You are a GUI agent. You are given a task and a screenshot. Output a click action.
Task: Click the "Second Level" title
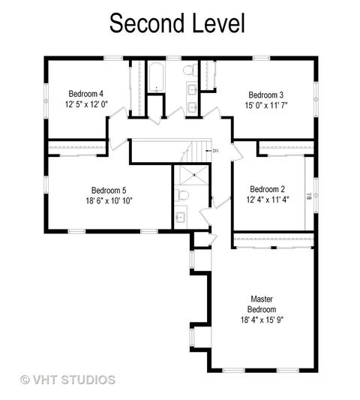[x=177, y=23]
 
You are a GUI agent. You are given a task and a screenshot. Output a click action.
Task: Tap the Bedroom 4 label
[x=86, y=94]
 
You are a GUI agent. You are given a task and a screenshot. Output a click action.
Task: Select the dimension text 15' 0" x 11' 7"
[x=266, y=105]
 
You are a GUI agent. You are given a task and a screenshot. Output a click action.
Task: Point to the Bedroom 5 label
[x=109, y=191]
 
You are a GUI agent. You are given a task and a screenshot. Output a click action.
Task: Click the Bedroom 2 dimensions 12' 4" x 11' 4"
[x=268, y=200]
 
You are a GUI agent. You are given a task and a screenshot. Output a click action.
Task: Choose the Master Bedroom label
[x=262, y=304]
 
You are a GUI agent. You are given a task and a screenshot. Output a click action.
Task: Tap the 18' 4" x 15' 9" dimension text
[x=262, y=320]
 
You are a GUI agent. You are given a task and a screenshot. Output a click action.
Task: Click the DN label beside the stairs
[x=215, y=151]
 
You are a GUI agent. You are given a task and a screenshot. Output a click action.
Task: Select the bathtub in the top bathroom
[x=156, y=77]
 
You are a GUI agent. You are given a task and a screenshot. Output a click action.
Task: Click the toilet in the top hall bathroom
[x=190, y=70]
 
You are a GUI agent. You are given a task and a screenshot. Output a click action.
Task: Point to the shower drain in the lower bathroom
[x=194, y=175]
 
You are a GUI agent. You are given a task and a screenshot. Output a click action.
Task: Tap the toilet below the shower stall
[x=181, y=195]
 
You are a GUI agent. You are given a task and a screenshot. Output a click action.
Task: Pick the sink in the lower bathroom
[x=181, y=217]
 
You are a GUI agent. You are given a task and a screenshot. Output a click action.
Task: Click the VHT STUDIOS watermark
[x=67, y=380]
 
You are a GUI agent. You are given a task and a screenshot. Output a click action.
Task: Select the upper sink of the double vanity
[x=193, y=89]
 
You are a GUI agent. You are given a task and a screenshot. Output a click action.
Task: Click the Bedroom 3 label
[x=266, y=95]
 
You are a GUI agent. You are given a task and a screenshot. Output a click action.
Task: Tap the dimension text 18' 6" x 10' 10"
[x=109, y=201]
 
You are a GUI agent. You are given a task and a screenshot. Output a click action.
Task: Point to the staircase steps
[x=197, y=152]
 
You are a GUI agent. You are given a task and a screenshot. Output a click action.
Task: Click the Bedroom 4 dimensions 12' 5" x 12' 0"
[x=86, y=104]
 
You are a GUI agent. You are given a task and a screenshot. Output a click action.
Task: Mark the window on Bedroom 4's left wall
[x=46, y=101]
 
